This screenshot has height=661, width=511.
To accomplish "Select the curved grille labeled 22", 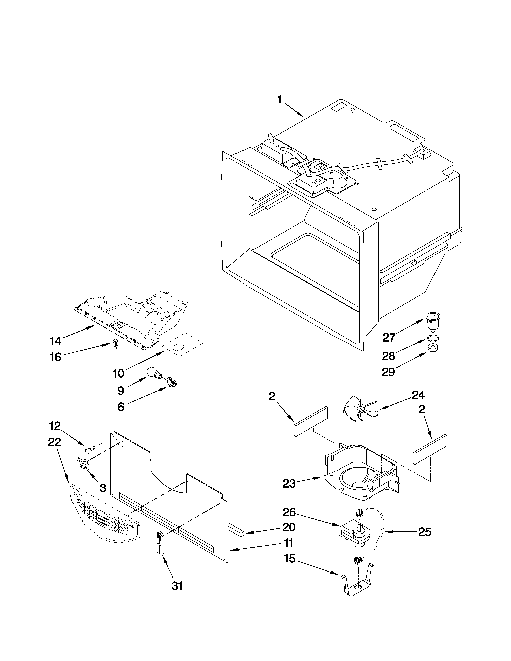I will pos(104,513).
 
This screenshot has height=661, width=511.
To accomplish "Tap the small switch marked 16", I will pos(115,344).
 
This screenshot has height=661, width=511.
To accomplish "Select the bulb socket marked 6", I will pos(172,383).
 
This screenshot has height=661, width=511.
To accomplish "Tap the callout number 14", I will pos(55,341).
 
